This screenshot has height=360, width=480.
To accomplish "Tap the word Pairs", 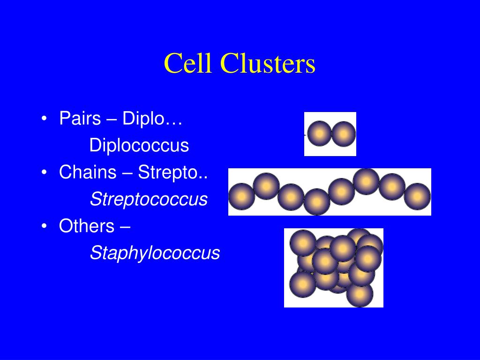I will tap(80, 119).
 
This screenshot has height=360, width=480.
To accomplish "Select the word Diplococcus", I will tap(139, 145).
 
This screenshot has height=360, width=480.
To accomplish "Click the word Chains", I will tap(88, 172).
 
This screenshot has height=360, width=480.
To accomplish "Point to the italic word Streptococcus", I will tap(149, 199).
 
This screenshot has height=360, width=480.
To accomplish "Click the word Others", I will tap(87, 226).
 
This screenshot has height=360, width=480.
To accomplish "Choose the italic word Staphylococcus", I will tap(155, 253).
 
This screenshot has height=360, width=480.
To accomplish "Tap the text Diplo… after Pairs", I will tap(152, 119).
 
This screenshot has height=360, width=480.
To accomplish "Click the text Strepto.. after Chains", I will tap(173, 172).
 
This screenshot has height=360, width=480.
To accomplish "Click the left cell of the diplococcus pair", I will tap(319, 134).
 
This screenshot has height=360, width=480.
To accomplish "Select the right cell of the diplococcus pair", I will tap(344, 134).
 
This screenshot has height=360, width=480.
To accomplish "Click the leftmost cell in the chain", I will tap(241, 196).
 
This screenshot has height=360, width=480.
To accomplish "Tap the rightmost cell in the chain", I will tap(417, 196).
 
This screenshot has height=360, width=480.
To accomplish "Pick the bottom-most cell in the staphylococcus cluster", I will tap(360, 294).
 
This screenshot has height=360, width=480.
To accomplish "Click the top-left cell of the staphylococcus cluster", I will tap(303, 243).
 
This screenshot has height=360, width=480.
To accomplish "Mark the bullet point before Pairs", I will tap(44, 119).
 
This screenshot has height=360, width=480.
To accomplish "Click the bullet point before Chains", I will tap(44, 173).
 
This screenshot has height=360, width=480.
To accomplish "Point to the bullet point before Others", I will tap(44, 226).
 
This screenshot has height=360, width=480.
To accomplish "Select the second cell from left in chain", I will tap(266, 186).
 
